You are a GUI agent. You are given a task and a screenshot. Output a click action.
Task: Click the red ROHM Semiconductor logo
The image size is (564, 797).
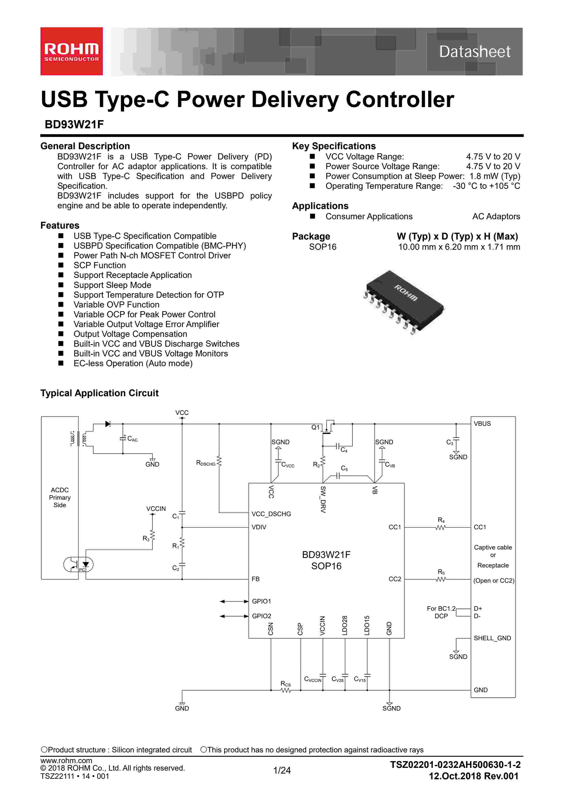point(71,51)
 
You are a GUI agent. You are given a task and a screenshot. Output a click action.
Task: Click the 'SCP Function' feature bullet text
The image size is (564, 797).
point(100,265)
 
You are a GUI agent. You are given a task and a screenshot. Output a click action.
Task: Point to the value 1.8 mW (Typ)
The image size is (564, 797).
point(495,176)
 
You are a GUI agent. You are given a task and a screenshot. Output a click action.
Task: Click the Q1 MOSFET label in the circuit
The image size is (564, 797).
point(315,427)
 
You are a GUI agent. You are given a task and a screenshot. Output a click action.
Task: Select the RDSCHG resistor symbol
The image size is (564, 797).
point(219,462)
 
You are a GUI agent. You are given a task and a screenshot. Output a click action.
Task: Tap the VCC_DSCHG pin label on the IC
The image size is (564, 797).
point(271,514)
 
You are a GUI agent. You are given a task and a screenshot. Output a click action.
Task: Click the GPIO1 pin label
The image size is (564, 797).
point(261,601)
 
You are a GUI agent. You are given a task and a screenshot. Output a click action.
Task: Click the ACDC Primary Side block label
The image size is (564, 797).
point(60,497)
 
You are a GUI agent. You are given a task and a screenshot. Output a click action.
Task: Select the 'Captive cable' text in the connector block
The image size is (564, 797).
point(493,547)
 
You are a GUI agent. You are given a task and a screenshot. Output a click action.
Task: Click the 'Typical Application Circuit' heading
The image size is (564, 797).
point(99,393)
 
